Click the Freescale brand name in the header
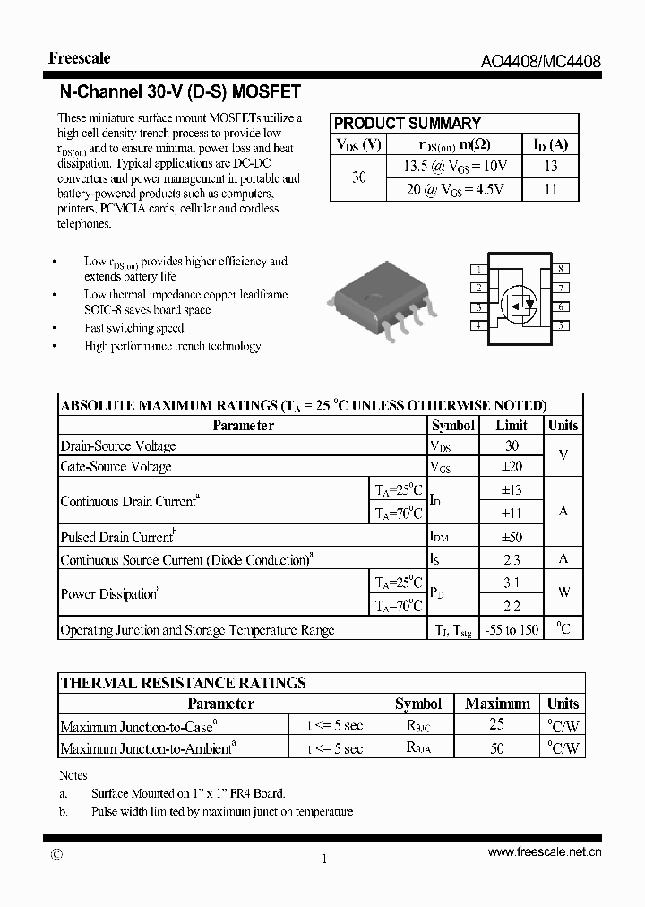click(80, 58)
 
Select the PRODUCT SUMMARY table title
click(407, 124)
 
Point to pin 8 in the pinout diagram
click(561, 269)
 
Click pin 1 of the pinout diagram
click(478, 269)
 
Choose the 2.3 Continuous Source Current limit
click(512, 560)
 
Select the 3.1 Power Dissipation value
click(512, 583)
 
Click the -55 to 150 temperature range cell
click(512, 630)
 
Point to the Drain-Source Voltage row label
click(118, 446)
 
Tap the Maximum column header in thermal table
click(497, 704)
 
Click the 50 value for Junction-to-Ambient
click(497, 748)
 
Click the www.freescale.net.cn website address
click(544, 853)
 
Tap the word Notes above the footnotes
click(73, 775)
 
